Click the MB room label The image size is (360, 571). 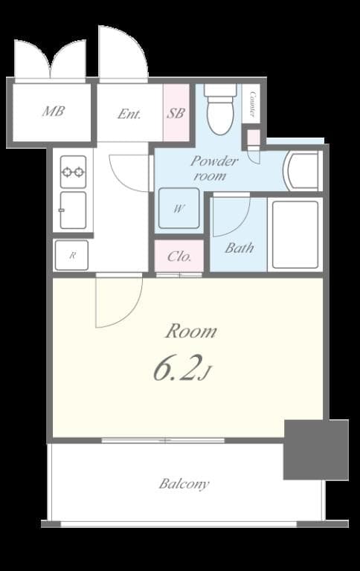[53, 112]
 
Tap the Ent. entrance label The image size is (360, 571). [129, 114]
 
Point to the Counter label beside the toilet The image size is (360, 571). [253, 104]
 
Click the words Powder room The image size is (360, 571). [214, 168]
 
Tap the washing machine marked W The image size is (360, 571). [179, 208]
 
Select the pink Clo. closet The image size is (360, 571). [179, 257]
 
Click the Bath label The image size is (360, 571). [239, 248]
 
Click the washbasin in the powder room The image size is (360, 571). [301, 170]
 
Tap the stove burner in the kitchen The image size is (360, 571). [73, 172]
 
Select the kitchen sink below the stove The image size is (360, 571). [73, 210]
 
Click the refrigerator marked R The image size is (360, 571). [72, 255]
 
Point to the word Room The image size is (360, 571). [190, 331]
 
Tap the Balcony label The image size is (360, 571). [184, 484]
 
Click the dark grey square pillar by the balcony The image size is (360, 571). [316, 449]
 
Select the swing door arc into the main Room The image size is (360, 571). [118, 301]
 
